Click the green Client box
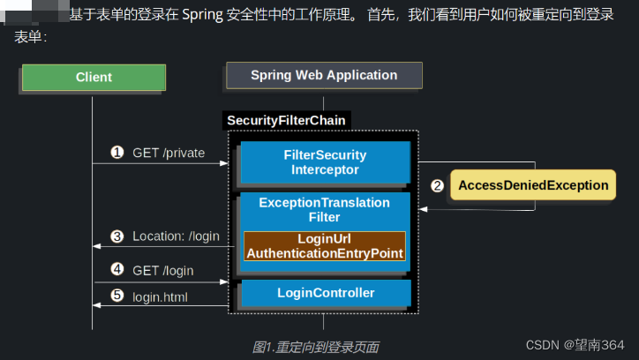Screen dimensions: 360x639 [x=94, y=77]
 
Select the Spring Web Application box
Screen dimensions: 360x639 [x=324, y=75]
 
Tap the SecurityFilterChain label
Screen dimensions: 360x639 [x=286, y=120]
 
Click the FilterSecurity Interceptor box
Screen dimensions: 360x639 [x=325, y=162]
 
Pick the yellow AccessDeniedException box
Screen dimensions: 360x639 [x=532, y=185]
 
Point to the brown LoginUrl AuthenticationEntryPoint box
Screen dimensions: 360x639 [x=325, y=246]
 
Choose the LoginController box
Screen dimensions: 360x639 [x=325, y=293]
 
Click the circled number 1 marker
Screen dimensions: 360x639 [x=117, y=153]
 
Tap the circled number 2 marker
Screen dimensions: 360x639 [x=437, y=185]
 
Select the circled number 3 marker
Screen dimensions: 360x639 [x=117, y=236]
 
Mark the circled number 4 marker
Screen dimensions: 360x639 [x=117, y=270]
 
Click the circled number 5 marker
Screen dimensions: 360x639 [x=117, y=295]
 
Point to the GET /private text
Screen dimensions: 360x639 [x=169, y=153]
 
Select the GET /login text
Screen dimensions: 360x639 [x=163, y=270]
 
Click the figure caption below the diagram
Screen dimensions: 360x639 [x=315, y=347]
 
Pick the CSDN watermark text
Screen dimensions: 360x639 [x=575, y=343]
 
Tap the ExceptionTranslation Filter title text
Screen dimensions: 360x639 [x=325, y=209]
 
